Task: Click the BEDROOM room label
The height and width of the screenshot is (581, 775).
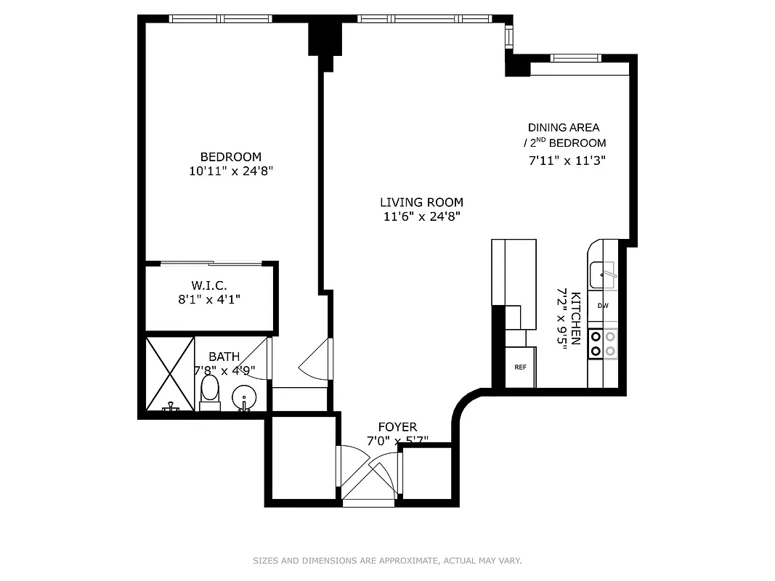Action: click(230, 157)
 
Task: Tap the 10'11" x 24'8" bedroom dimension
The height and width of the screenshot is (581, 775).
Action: click(230, 172)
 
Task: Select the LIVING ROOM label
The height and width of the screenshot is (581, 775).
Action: click(421, 203)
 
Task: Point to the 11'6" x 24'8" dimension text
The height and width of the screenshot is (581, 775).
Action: click(421, 216)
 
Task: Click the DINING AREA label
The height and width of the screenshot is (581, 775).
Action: click(564, 128)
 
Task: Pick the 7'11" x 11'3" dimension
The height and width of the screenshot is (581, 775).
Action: click(567, 160)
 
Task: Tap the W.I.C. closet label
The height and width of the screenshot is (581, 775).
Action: click(209, 285)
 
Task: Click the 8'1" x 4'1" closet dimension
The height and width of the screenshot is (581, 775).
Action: click(209, 298)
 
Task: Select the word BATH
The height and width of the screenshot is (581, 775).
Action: click(224, 357)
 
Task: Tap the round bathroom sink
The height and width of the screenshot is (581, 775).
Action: click(243, 397)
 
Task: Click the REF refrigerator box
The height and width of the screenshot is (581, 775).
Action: click(520, 367)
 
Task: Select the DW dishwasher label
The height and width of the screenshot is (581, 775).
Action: click(603, 306)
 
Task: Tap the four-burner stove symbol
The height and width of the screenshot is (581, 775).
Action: click(603, 344)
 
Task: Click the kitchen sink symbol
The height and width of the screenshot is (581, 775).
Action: click(602, 275)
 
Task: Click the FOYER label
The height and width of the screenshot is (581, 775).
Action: click(397, 427)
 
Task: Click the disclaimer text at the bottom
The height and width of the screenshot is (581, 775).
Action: click(387, 561)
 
